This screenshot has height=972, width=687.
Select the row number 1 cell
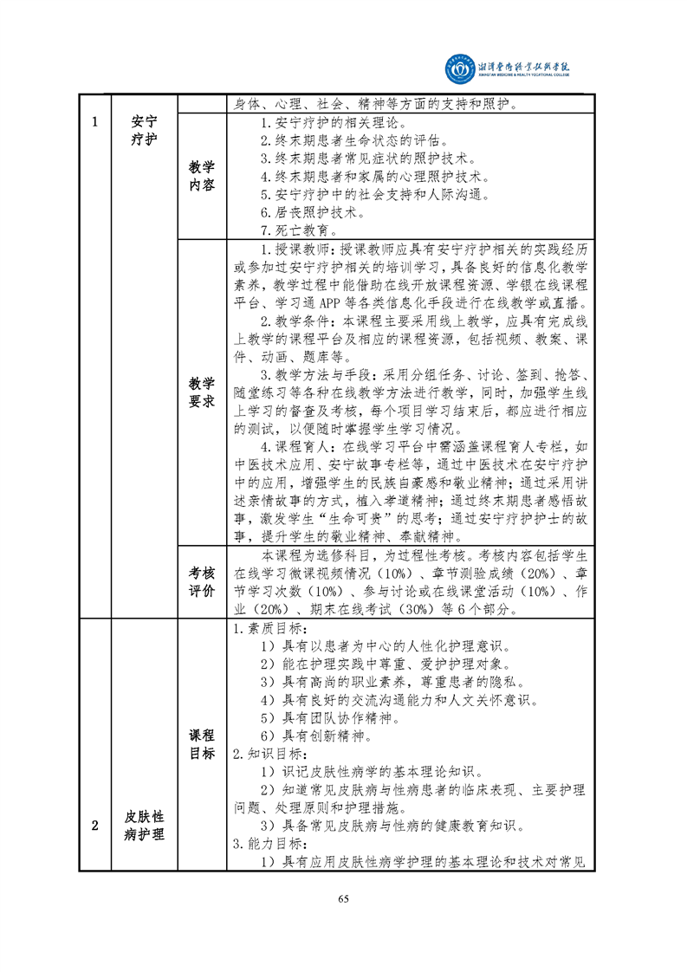[94, 121]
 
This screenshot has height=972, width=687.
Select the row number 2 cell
[94, 825]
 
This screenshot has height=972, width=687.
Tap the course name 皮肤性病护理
[144, 825]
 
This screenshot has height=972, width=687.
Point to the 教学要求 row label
[201, 392]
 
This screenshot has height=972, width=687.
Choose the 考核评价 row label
[201, 581]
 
